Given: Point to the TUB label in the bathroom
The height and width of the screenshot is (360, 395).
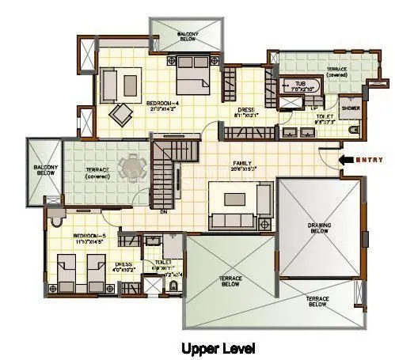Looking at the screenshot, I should point(300,83).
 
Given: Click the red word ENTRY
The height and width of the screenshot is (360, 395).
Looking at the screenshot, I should point(370,160).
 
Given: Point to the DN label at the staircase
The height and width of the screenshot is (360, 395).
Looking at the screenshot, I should point(163,212).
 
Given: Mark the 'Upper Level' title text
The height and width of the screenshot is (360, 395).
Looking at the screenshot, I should point(218,347).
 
